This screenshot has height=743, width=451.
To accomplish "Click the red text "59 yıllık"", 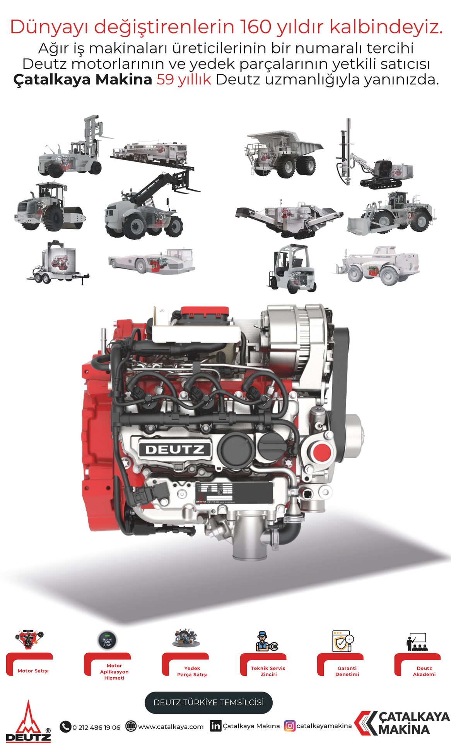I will pos(184,79).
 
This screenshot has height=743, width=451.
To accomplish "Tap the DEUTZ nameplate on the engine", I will pos(175,449).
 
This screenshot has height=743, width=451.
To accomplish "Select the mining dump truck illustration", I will pos(284,154).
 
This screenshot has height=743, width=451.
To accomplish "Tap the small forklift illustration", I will pos(292,268).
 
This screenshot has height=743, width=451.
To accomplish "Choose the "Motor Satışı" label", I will pos(33,671).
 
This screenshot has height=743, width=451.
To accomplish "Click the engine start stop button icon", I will pos(107,640).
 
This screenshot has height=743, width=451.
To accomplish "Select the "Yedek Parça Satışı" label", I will pos(192,671).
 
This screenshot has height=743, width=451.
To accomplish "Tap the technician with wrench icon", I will pos(266,641).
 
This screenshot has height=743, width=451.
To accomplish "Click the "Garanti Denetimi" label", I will pos(347,671).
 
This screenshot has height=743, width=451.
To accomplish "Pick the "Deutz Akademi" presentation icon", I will pos(416,642).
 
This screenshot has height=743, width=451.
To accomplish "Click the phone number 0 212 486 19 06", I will pos(96,728).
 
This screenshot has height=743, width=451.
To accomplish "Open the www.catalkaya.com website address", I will pos(171,727).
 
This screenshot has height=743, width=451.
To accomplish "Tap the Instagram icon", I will pos(290,726).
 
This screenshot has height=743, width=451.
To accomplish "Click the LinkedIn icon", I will pos(215,726).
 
